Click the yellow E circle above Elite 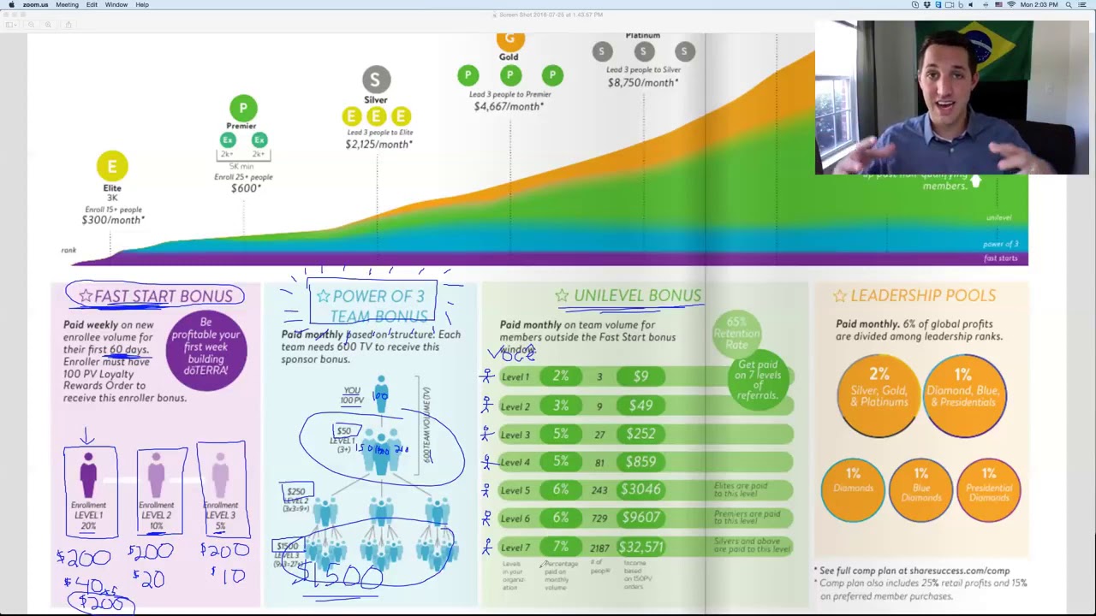pos(112,166)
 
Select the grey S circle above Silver pos(375,80)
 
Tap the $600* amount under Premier pos(246,188)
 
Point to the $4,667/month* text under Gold pos(508,106)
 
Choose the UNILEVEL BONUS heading pos(637,295)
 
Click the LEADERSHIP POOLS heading pos(922,295)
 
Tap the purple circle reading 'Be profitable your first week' pos(205,346)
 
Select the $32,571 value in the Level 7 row pos(640,547)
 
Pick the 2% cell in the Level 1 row pos(560,376)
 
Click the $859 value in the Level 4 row pos(640,462)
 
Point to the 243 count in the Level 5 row pos(599,490)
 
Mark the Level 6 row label pos(515,518)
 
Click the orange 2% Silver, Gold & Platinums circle pos(878,394)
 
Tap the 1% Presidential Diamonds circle pos(988,489)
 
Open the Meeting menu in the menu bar pos(67,5)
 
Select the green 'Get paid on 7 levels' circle pos(758,379)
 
